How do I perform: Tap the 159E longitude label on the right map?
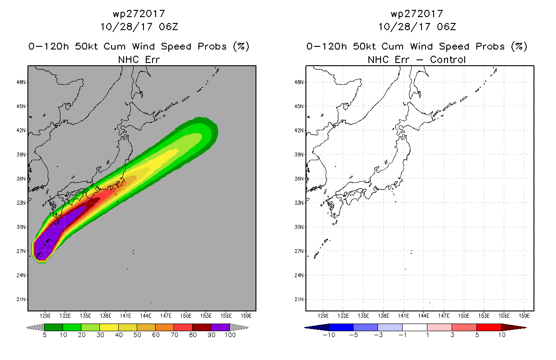pos(524,315)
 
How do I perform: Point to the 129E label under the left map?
pos(45,315)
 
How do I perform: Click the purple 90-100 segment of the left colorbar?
pos(220,327)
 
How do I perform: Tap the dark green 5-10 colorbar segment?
pos(54,327)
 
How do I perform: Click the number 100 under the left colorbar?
pos(230,335)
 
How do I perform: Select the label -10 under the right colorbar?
pos(329,335)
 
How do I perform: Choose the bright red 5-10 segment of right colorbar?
pos(489,327)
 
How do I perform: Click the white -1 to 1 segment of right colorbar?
pos(415,327)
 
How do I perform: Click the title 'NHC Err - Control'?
pos(417,59)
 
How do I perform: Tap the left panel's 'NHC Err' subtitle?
pos(139,59)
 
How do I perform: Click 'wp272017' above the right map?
pos(417,14)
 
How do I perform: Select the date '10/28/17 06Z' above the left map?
pos(139,27)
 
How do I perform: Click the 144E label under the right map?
pos(424,315)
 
